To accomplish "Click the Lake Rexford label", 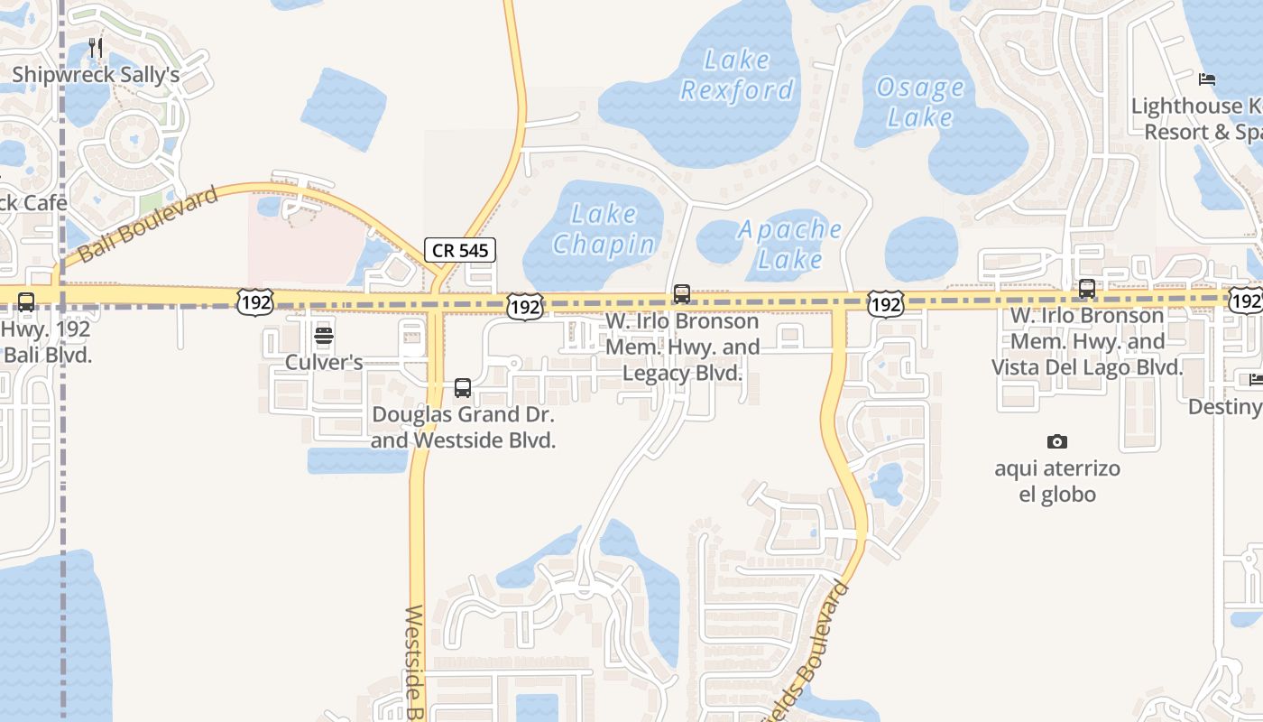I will (737, 75).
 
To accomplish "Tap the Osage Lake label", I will (920, 102).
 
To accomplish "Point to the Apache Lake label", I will (790, 244).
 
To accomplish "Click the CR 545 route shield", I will (460, 250).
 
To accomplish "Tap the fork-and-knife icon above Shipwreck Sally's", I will (96, 48).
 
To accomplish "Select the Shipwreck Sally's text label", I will (96, 75).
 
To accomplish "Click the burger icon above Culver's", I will (324, 337).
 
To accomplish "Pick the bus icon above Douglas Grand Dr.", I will (463, 388).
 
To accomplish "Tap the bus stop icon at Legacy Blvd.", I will (682, 294).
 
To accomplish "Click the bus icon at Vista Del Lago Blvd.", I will (1087, 289).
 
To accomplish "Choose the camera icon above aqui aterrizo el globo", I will (1057, 441).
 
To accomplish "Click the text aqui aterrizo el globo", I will (1057, 481).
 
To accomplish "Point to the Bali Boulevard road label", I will (149, 224).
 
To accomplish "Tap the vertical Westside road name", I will (414, 663).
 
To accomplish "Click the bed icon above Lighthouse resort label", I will (1207, 79).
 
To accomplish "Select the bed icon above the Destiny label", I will (1255, 379).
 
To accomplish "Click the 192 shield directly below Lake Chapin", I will (524, 306).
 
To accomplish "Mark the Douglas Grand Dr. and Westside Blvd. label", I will (463, 428).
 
